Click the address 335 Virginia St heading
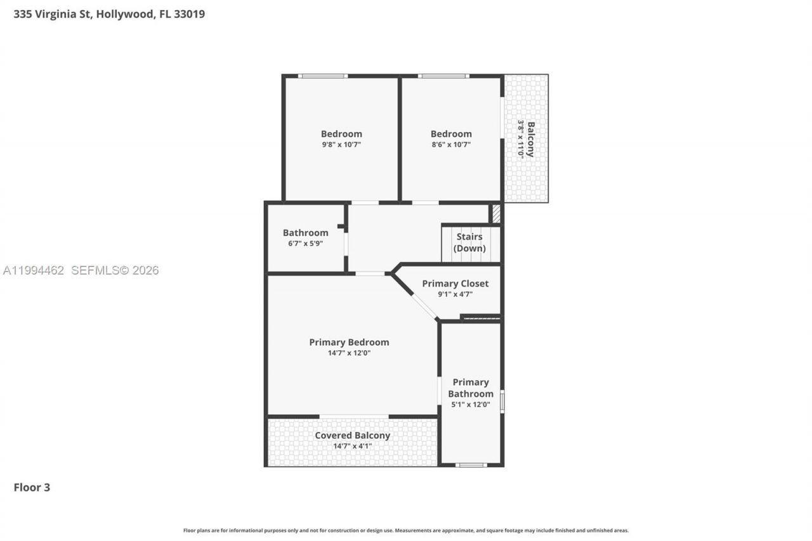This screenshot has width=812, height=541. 109,14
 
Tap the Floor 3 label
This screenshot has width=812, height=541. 32,487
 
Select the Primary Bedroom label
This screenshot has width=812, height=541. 349,342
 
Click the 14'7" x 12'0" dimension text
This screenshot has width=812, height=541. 349,353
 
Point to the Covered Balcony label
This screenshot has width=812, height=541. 352,436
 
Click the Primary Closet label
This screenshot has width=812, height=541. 455,284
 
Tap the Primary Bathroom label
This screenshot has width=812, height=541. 470,388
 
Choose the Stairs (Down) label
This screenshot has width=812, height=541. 469,242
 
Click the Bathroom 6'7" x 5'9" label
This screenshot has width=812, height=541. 305,237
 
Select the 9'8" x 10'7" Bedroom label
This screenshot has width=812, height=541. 341,138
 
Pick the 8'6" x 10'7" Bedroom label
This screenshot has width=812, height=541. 451,138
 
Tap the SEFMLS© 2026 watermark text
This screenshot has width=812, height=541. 115,271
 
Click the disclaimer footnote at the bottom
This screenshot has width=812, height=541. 406,530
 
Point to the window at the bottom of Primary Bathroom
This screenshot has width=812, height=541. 471,465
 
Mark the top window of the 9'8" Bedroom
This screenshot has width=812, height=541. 323,76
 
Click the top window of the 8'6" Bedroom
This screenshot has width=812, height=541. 443,76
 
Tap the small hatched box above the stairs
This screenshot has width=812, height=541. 496,213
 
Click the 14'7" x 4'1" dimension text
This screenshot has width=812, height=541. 352,446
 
